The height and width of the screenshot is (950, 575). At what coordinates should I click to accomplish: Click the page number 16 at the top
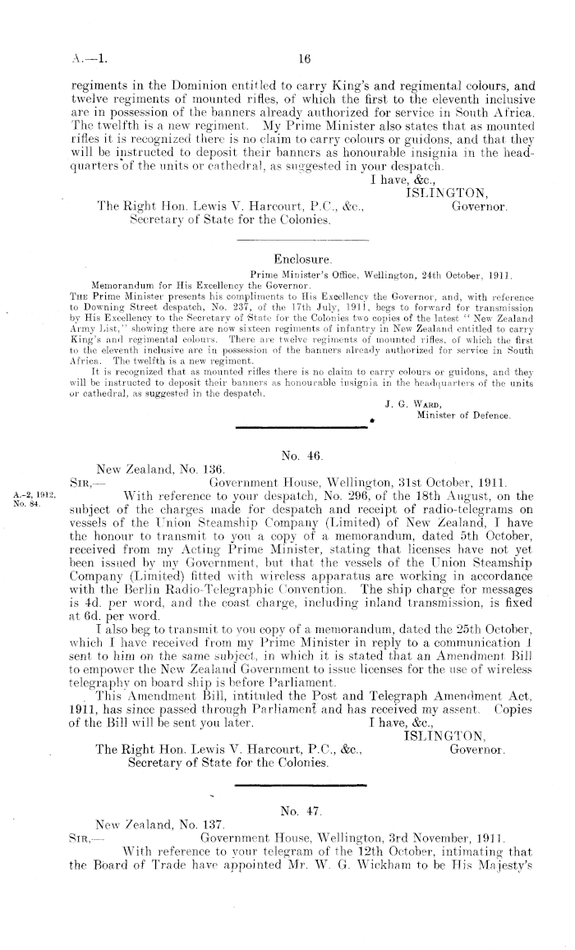point(303,58)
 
